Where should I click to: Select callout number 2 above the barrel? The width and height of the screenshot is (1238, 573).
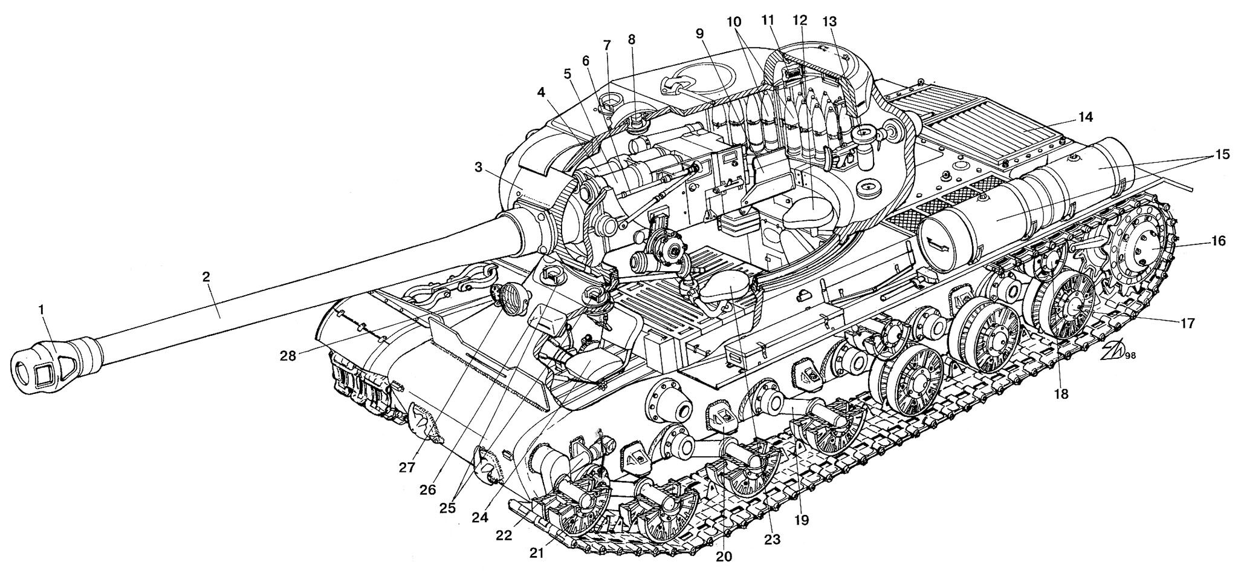pos(206,277)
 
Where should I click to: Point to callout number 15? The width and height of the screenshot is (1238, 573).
pos(1219,154)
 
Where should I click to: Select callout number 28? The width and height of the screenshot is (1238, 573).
pos(288,356)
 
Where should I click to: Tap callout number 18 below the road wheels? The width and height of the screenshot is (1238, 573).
pos(1061,394)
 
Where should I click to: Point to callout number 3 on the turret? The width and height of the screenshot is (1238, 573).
pos(479,168)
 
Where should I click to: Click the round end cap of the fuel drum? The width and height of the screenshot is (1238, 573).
pos(941,243)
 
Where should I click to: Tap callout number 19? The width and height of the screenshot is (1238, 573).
pos(802,519)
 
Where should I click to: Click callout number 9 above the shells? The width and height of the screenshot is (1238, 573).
pos(701,34)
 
